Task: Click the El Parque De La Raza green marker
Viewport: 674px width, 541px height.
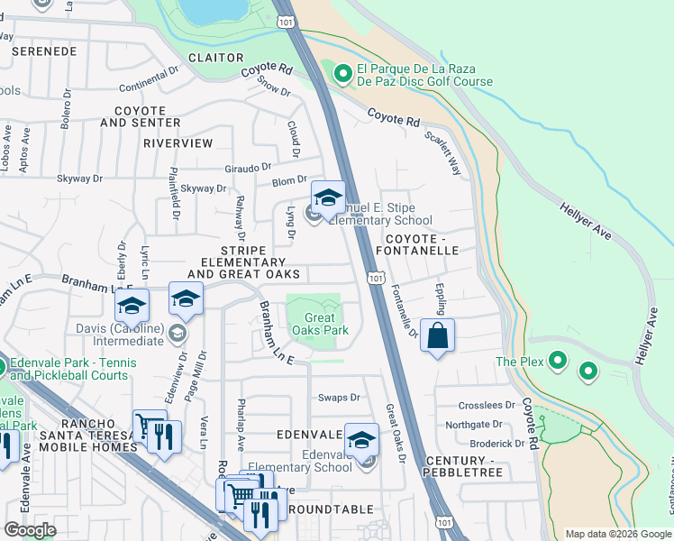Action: coord(342,74)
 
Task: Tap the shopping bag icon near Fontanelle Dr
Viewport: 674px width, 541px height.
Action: coord(437,336)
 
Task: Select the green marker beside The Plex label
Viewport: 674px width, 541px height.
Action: coord(558,362)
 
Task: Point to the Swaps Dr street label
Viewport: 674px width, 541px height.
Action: coord(339,397)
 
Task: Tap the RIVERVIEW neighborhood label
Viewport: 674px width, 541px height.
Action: coord(178,143)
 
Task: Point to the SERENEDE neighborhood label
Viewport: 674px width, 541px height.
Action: coord(44,52)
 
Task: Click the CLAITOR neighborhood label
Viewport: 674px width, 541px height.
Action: coord(215,57)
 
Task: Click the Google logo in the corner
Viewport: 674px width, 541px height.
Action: coord(30,530)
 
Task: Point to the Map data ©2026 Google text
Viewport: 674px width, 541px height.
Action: coord(617,534)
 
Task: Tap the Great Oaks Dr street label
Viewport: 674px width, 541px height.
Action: coord(396,434)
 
